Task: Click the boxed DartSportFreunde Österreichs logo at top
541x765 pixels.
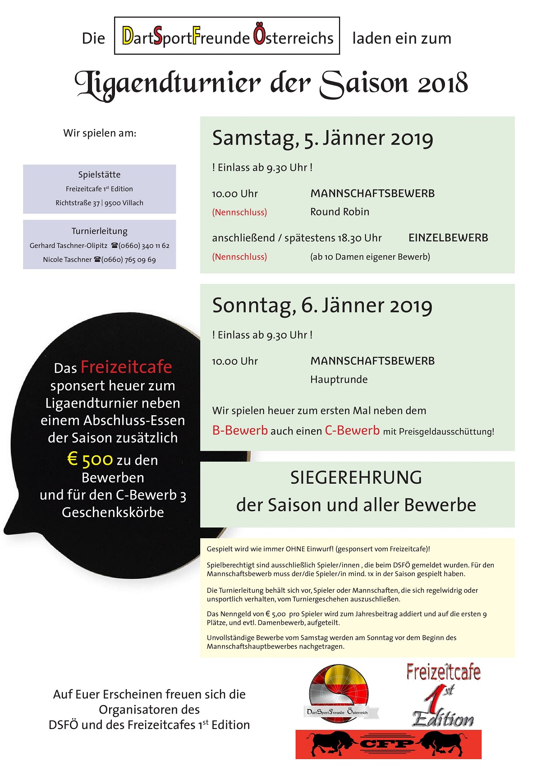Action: coord(227,36)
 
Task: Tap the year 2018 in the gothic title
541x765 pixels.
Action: coord(443,83)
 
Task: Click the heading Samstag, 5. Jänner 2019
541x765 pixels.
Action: coord(322,138)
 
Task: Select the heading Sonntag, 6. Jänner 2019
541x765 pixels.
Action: coord(322,306)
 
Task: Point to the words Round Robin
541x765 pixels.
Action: coord(339,212)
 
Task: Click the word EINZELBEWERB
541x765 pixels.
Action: coord(448,238)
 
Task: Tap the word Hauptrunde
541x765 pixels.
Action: coord(339,380)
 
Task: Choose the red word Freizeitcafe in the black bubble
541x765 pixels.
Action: coord(126,367)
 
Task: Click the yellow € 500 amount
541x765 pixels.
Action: coord(90,460)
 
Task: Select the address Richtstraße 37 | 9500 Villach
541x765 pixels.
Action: coord(99,203)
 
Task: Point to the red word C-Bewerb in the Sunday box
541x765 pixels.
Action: coord(352,431)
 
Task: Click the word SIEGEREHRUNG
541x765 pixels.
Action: coord(356,478)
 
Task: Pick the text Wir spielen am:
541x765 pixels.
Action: coord(100,133)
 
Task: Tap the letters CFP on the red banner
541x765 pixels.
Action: coord(388,744)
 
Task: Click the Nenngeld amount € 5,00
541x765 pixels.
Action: coord(275,614)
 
